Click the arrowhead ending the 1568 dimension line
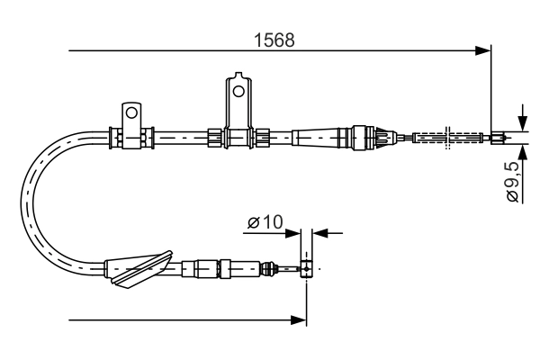click(484, 50)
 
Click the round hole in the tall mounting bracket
click(238, 89)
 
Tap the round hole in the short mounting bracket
click(130, 113)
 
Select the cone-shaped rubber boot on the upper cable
click(320, 138)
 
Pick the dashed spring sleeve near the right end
click(446, 138)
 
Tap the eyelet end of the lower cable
click(307, 268)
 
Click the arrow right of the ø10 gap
click(319, 233)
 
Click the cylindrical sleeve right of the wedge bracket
click(202, 267)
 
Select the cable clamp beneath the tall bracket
click(238, 137)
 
